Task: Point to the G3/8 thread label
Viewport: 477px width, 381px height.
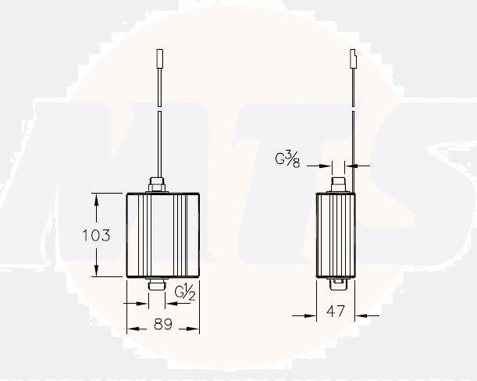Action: click(287, 161)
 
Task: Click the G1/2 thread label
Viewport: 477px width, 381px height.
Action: click(185, 293)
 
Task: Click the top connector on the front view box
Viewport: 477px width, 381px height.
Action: click(156, 187)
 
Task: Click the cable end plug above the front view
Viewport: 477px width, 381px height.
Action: click(158, 59)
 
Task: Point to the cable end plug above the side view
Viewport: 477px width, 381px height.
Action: click(353, 59)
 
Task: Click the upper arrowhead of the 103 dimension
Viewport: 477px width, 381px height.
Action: click(97, 198)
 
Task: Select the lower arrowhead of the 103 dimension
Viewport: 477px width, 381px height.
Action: click(97, 271)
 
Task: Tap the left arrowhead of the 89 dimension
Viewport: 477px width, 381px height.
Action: click(133, 328)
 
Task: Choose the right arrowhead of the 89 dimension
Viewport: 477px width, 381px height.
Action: click(194, 328)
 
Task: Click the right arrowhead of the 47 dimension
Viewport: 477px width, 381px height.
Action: click(361, 315)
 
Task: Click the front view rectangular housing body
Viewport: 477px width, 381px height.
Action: click(163, 234)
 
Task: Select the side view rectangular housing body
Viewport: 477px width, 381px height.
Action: click(335, 234)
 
